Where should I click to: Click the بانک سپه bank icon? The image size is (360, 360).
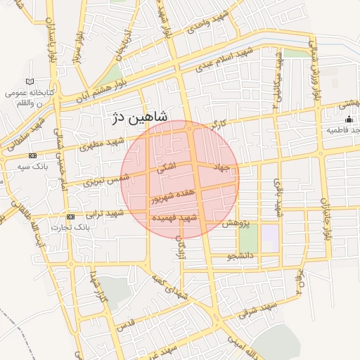pyautogui.click(x=32, y=155)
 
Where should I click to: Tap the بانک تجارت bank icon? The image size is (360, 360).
pyautogui.click(x=70, y=217)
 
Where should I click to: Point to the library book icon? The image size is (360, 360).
pyautogui.click(x=29, y=82)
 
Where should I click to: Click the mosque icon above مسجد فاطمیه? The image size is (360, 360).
pyautogui.click(x=349, y=120)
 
